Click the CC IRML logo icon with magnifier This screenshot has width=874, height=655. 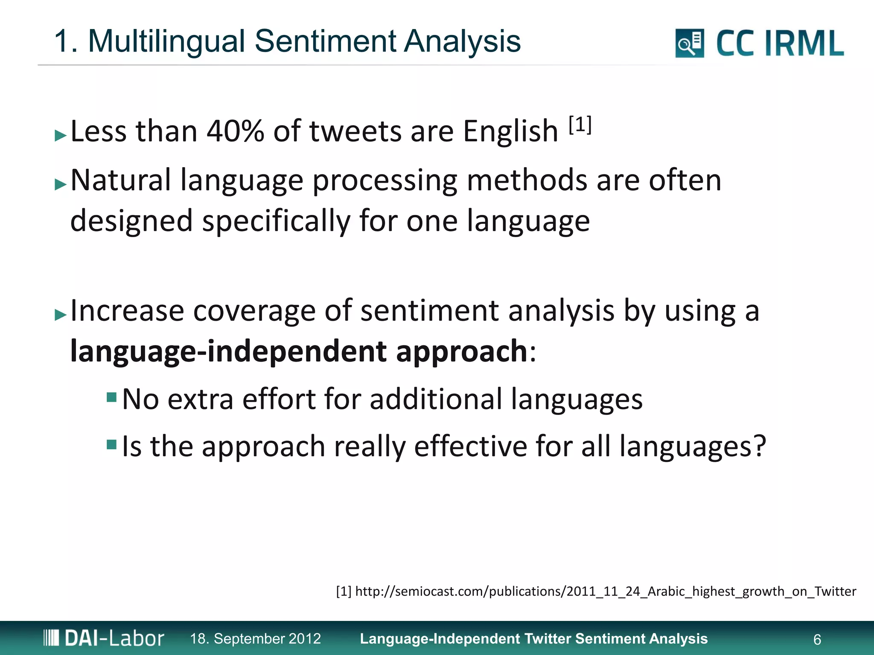[x=689, y=43]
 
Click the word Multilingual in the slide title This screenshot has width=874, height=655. [x=167, y=41]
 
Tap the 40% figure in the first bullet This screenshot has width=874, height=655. [x=235, y=131]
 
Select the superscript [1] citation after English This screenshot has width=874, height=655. [x=580, y=125]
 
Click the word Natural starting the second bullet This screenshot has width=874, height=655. [x=121, y=180]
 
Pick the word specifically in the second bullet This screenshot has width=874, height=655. [x=276, y=221]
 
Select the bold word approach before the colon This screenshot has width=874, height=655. [x=462, y=351]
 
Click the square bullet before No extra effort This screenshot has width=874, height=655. [x=112, y=397]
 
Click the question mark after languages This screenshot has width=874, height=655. [x=758, y=446]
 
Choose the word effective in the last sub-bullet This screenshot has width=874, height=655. [x=470, y=446]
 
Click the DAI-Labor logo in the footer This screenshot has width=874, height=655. [x=104, y=638]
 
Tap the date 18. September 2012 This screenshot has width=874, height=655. [x=255, y=639]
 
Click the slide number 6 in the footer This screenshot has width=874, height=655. [x=817, y=639]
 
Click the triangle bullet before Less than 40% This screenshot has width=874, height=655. [x=61, y=136]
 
